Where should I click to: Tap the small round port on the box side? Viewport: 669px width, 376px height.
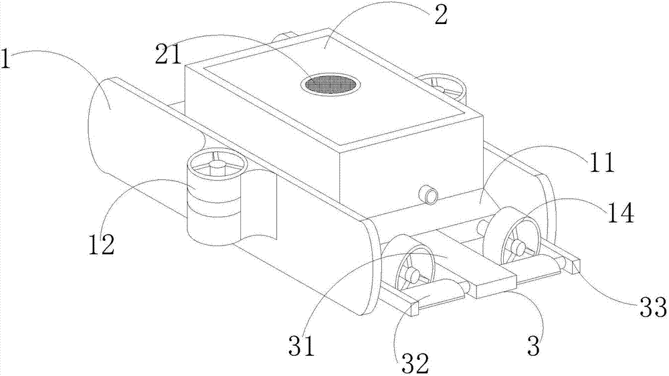click(427, 195)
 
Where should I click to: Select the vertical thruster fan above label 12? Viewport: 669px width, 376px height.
click(213, 165)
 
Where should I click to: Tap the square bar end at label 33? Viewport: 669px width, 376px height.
click(574, 266)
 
